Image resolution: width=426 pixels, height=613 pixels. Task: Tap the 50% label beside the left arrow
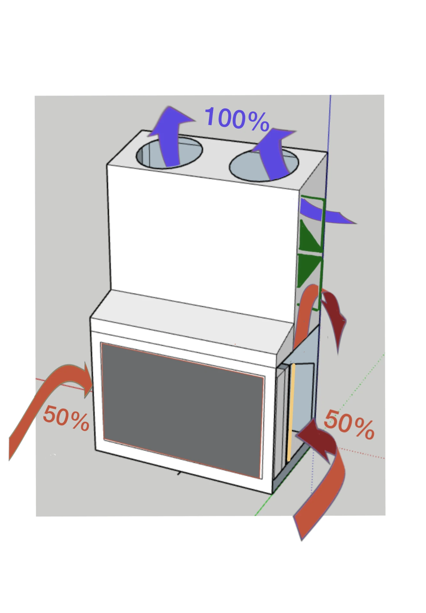[x=66, y=418]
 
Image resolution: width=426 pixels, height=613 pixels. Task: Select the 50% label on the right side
[x=349, y=425]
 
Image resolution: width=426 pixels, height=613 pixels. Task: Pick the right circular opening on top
[x=264, y=165]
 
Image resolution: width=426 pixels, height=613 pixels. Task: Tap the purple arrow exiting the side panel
[x=326, y=212]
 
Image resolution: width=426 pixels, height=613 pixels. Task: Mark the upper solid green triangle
[x=310, y=236]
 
